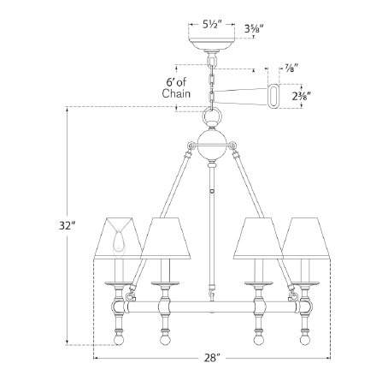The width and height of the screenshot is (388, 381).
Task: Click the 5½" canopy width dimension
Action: point(212,25)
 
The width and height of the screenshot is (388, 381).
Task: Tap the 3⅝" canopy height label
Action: point(254,28)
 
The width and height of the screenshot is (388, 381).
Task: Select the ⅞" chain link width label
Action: point(291,68)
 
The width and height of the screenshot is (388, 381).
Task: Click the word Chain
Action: point(176,93)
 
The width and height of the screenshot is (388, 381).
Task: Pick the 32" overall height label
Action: point(68,225)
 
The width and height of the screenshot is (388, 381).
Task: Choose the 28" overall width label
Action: point(212,358)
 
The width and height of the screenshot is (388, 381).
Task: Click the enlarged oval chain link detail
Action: point(273,96)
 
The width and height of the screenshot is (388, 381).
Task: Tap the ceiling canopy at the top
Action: point(211,44)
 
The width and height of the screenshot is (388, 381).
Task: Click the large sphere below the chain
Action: point(212,146)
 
